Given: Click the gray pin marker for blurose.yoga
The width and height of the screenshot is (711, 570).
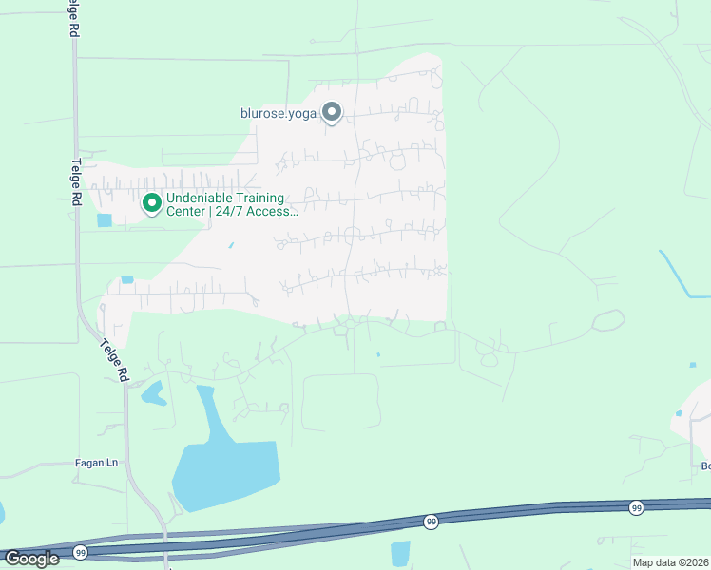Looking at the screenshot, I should [x=332, y=113].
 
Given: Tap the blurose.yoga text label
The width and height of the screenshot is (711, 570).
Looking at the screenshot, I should [x=279, y=113].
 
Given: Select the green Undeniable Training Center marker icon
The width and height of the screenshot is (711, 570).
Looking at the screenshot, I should [x=150, y=202].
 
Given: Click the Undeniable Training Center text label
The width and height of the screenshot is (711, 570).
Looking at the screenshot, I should [x=232, y=204].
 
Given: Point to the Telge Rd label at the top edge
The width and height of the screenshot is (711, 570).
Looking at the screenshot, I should [x=73, y=19].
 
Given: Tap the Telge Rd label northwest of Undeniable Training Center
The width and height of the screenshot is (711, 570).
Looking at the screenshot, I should [x=79, y=181].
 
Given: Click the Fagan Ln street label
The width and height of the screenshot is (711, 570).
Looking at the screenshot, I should [x=96, y=463].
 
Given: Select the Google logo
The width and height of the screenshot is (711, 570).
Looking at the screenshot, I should [x=32, y=558].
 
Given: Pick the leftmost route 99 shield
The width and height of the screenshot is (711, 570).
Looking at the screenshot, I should [x=80, y=552].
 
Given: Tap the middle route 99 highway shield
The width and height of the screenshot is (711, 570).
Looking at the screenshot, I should [x=431, y=522].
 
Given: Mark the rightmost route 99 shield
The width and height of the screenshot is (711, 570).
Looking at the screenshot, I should [x=635, y=509].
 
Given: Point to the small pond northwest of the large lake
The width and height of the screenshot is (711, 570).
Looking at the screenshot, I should [x=153, y=391].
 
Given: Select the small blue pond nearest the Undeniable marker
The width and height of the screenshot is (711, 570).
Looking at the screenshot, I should [x=104, y=220].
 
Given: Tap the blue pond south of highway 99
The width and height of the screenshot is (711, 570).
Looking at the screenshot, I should [x=400, y=552].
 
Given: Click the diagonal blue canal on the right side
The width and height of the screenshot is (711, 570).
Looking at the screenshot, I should [x=682, y=275].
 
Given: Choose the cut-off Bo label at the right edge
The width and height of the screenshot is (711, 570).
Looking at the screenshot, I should [x=705, y=465].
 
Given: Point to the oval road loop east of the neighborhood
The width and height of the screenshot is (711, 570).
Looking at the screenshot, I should [x=608, y=320].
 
